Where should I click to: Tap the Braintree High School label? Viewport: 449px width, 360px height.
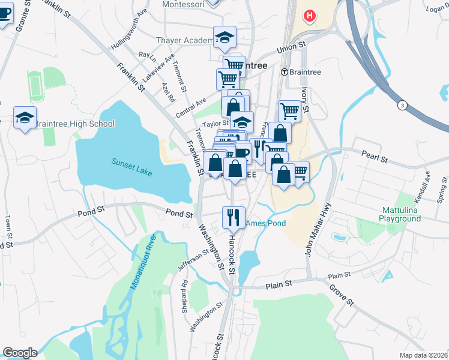click(x=74, y=124)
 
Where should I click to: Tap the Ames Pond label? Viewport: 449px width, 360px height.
click(x=262, y=223)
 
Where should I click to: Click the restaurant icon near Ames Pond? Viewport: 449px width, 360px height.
click(x=234, y=217)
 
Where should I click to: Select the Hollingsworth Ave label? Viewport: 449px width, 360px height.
click(x=129, y=38)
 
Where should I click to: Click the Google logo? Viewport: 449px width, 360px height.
click(x=20, y=353)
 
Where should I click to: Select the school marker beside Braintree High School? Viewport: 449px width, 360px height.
click(x=25, y=116)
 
